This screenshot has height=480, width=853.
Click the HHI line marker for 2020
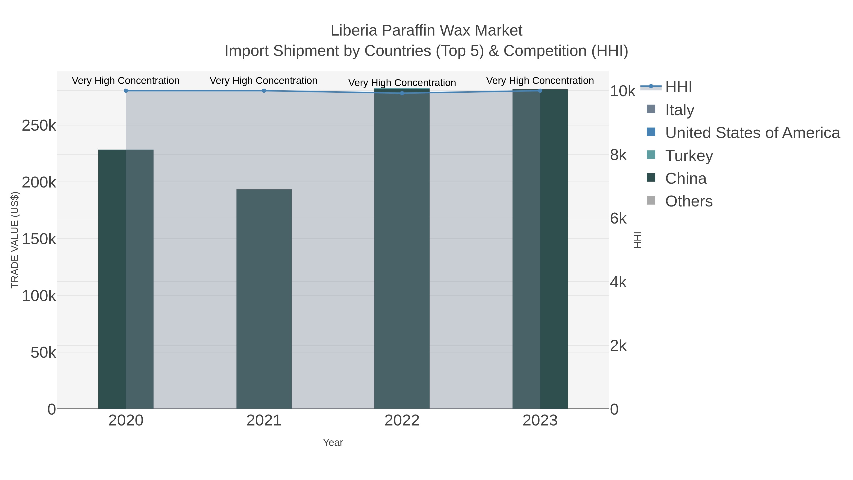tap(126, 91)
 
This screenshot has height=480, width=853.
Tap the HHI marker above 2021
tap(264, 91)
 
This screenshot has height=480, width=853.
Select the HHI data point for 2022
tap(402, 93)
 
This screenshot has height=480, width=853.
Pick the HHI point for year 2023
tap(540, 91)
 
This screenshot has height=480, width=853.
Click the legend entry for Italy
tap(680, 110)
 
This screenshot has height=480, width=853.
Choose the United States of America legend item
tap(752, 133)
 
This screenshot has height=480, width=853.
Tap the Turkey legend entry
tap(689, 156)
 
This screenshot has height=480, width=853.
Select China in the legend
tap(685, 178)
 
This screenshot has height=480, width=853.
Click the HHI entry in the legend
tap(678, 87)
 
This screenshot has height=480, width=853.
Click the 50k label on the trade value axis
tap(43, 353)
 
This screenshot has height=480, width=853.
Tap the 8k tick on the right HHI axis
tap(618, 155)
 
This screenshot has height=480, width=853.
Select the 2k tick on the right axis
tap(618, 346)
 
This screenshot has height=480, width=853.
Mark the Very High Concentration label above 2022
tap(402, 83)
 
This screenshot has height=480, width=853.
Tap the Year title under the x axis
tap(333, 443)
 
